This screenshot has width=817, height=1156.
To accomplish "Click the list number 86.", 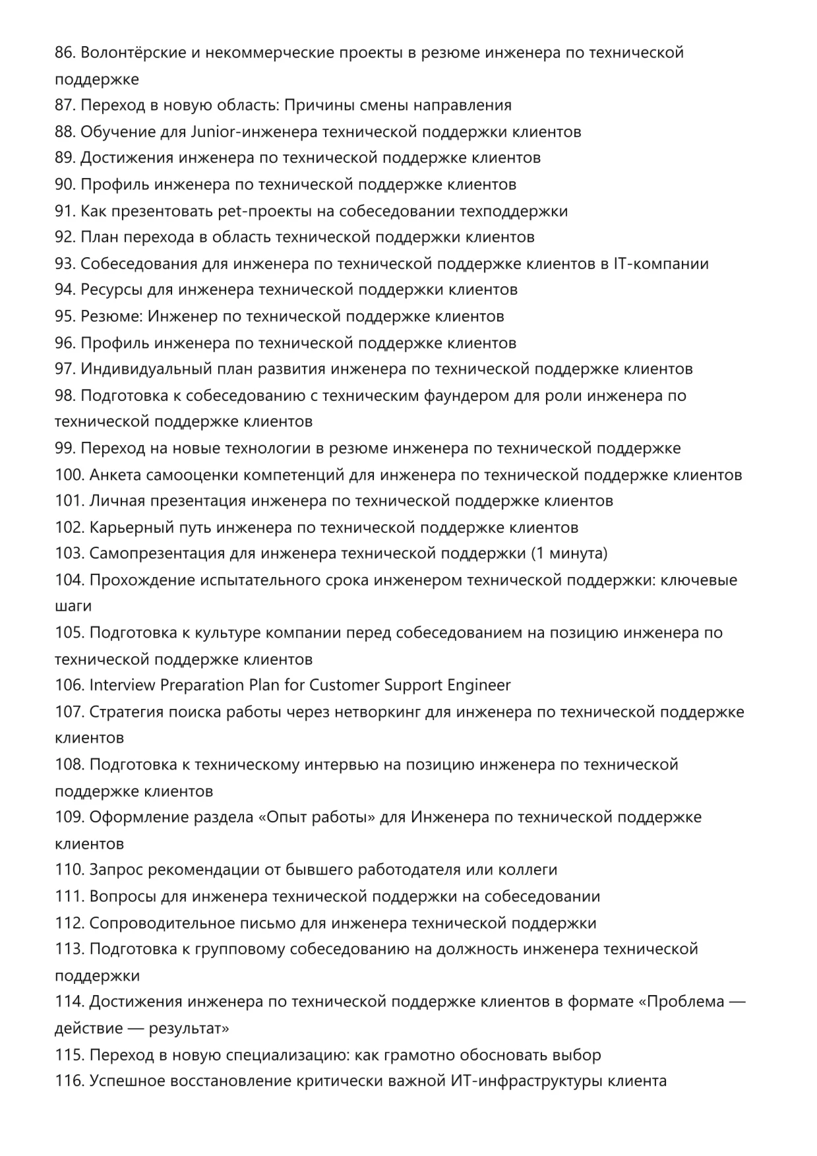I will point(65,53).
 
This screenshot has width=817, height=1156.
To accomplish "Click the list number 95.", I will point(65,317).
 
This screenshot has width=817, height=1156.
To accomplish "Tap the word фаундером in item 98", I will point(471,396).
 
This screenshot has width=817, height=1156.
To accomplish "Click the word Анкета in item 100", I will point(115,475).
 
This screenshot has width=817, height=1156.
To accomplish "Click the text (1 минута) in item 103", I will point(569,553).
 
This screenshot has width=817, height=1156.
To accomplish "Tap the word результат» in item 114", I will point(189,1029).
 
